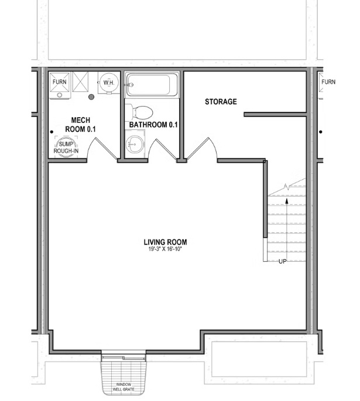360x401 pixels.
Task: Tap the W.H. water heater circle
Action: (x=108, y=83)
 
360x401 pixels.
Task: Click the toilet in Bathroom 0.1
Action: (x=141, y=112)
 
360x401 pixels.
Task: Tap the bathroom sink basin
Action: (x=136, y=143)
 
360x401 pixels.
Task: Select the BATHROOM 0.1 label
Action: (x=153, y=125)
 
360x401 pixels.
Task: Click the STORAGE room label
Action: (x=221, y=102)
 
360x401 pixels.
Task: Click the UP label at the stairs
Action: (x=283, y=261)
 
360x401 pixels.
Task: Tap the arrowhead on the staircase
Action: (x=287, y=200)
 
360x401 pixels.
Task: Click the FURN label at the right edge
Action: (x=328, y=82)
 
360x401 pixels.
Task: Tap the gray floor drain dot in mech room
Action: (x=91, y=97)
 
